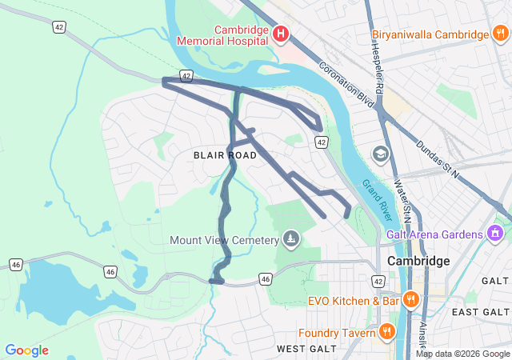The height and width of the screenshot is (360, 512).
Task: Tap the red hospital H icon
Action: (x=281, y=34)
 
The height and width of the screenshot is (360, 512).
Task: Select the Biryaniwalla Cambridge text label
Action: (x=430, y=34)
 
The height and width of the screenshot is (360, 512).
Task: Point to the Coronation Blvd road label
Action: (x=346, y=86)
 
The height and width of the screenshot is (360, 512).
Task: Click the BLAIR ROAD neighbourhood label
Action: (x=225, y=155)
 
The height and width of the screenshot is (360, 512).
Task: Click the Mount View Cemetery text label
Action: (x=223, y=239)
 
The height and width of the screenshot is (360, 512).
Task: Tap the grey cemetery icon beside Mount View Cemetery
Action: (x=290, y=239)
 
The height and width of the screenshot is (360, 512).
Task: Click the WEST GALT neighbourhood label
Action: (x=303, y=350)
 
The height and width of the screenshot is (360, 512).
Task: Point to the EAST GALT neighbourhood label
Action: (x=480, y=311)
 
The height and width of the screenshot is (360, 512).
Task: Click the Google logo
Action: (x=26, y=350)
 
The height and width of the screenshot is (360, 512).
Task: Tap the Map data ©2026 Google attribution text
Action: (x=462, y=354)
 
